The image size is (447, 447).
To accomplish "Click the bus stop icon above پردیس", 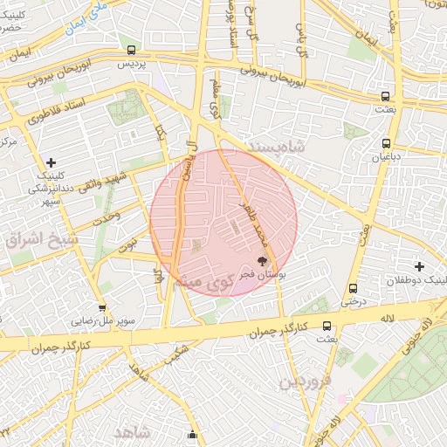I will pyautogui.click(x=131, y=51).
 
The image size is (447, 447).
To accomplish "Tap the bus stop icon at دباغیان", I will pyautogui.click(x=386, y=143).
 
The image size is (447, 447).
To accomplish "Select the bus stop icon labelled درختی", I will pyautogui.click(x=353, y=288).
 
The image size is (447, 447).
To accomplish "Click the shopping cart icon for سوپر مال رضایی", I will pyautogui.click(x=102, y=307).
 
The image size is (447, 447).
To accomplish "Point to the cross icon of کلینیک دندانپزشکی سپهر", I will pyautogui.click(x=52, y=162).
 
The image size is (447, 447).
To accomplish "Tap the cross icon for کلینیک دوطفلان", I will pyautogui.click(x=419, y=266).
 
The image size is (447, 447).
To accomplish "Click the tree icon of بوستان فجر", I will pyautogui.click(x=261, y=261).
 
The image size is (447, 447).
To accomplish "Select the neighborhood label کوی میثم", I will pyautogui.click(x=200, y=282).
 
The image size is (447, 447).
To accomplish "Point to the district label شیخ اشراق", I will pyautogui.click(x=43, y=238).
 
